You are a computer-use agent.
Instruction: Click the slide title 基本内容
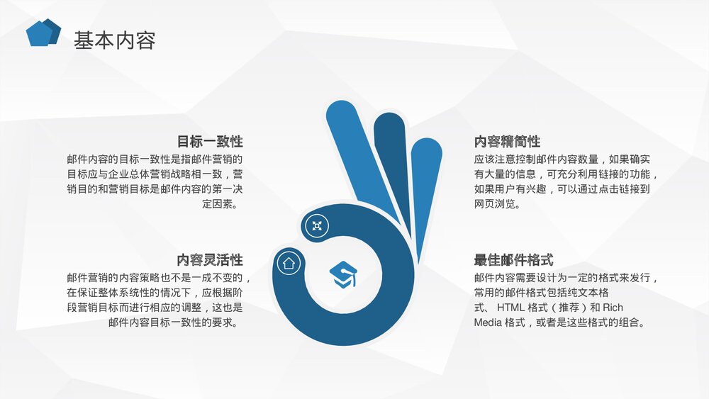(115, 40)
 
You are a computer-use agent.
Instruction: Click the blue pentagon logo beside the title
(42, 33)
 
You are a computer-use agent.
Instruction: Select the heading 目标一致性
(210, 141)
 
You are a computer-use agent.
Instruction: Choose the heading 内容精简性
(507, 141)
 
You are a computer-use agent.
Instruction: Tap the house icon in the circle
(289, 263)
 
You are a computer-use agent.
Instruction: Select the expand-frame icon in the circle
(316, 226)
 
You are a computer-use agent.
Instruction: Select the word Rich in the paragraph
(613, 308)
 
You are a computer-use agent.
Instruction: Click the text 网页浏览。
(497, 205)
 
